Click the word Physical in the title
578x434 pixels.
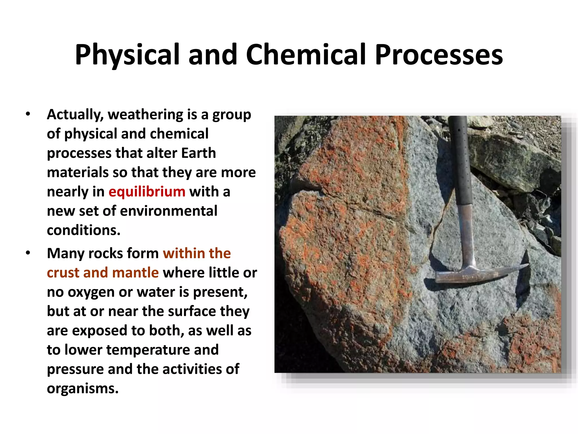pyautogui.click(x=127, y=55)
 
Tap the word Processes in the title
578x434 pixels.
pyautogui.click(x=439, y=55)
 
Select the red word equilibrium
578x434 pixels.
pyautogui.click(x=147, y=192)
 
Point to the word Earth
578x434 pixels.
pyautogui.click(x=198, y=153)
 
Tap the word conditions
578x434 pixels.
pyautogui.click(x=84, y=230)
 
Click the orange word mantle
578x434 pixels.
pyautogui.click(x=135, y=273)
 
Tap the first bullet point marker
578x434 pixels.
pyautogui.click(x=28, y=114)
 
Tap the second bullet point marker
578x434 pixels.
pyautogui.click(x=28, y=253)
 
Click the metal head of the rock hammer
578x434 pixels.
pyautogui.click(x=463, y=274)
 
